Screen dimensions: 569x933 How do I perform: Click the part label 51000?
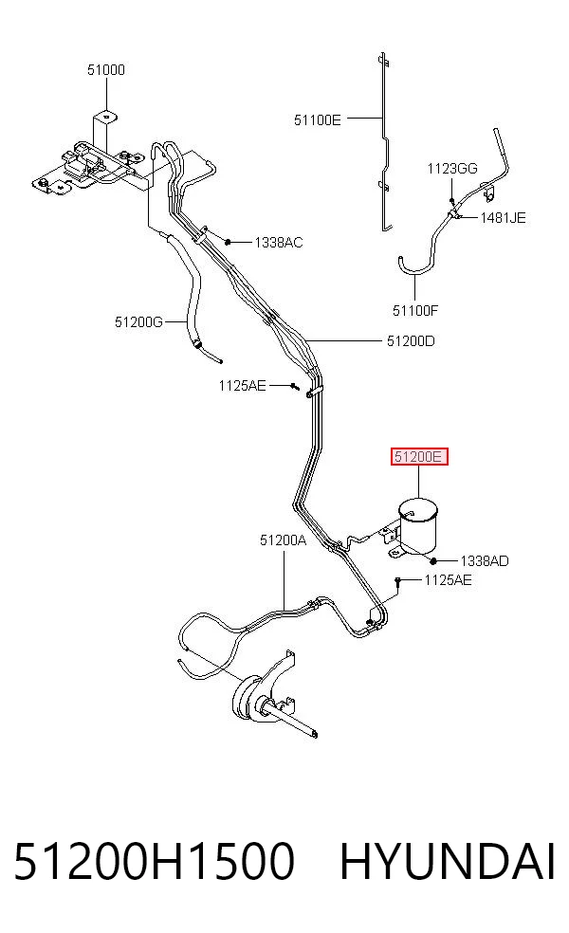click(x=106, y=69)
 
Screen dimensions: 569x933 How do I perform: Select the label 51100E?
click(x=318, y=120)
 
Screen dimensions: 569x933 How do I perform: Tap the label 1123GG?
click(x=451, y=169)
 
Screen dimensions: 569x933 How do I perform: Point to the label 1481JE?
click(x=503, y=218)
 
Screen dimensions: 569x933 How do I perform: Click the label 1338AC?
click(x=279, y=243)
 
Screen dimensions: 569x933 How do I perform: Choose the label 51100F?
click(x=414, y=310)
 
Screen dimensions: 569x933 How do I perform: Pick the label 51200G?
click(x=138, y=322)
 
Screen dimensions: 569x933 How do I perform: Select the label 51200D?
click(x=411, y=341)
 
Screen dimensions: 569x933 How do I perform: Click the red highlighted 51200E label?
click(x=419, y=457)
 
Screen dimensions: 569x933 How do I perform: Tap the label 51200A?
click(x=283, y=540)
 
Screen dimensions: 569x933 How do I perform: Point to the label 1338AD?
click(x=485, y=561)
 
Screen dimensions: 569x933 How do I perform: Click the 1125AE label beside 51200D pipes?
click(x=242, y=386)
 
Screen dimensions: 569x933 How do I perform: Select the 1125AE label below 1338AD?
click(x=448, y=580)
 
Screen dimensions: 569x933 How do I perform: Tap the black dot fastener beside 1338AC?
click(x=228, y=242)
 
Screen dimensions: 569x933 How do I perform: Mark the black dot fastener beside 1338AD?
click(x=434, y=560)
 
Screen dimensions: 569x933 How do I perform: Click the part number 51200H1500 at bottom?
click(x=154, y=861)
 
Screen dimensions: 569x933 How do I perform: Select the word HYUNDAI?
click(x=448, y=861)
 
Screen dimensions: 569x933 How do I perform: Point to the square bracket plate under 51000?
click(x=104, y=134)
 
